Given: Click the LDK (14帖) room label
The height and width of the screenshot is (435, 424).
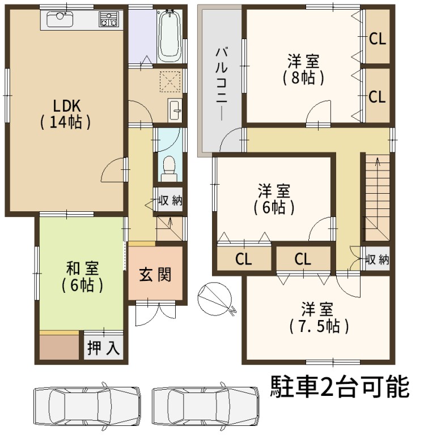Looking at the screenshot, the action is pyautogui.click(x=66, y=114).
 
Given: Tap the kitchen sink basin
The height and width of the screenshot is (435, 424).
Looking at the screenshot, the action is pyautogui.click(x=60, y=19).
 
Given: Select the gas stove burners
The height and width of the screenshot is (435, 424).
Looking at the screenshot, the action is pyautogui.click(x=109, y=19).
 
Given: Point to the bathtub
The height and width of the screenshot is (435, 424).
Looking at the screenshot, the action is pyautogui.click(x=169, y=36).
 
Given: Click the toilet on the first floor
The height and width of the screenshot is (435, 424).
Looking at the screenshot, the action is pyautogui.click(x=169, y=168).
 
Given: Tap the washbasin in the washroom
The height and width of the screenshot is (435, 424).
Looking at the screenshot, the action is pyautogui.click(x=175, y=110).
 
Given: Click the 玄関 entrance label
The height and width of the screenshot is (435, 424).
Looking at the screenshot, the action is pyautogui.click(x=155, y=275).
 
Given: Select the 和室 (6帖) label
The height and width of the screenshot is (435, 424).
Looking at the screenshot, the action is pyautogui.click(x=82, y=276).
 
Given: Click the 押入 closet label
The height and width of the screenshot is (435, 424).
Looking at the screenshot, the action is pyautogui.click(x=104, y=347).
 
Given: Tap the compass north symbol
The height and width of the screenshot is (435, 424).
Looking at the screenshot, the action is pyautogui.click(x=215, y=298).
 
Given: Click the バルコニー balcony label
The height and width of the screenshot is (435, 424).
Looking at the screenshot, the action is pyautogui.click(x=222, y=84).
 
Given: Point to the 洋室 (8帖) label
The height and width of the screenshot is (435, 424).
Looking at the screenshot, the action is pyautogui.click(x=303, y=69).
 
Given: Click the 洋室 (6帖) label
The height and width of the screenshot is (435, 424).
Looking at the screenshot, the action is pyautogui.click(x=274, y=199).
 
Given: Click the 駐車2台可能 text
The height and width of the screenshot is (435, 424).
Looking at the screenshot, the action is pyautogui.click(x=340, y=387).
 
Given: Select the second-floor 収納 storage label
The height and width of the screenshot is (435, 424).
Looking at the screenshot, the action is pyautogui.click(x=377, y=259).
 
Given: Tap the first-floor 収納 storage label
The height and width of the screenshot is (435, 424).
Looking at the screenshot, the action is pyautogui.click(x=170, y=201).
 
